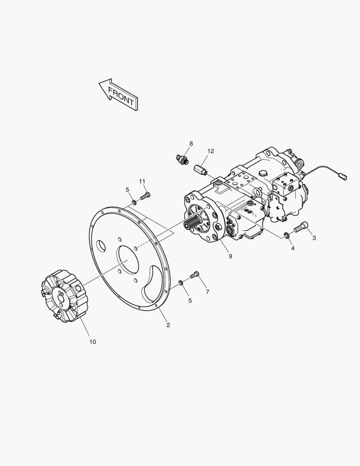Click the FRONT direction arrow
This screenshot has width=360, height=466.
pyautogui.click(x=118, y=94)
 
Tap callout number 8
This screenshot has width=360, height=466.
pyautogui.click(x=191, y=144)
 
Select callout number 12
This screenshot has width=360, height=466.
pyautogui.click(x=210, y=151)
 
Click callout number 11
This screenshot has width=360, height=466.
pyautogui.click(x=142, y=181)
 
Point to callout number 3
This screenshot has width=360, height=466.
pyautogui.click(x=314, y=238)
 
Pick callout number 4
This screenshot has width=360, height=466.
pyautogui.click(x=293, y=248)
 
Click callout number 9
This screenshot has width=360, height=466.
pyautogui.click(x=231, y=256)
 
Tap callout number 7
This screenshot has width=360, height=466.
pyautogui.click(x=207, y=292)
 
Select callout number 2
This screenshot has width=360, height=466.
pyautogui.click(x=168, y=325)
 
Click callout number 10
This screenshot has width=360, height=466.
pyautogui.click(x=93, y=342)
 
